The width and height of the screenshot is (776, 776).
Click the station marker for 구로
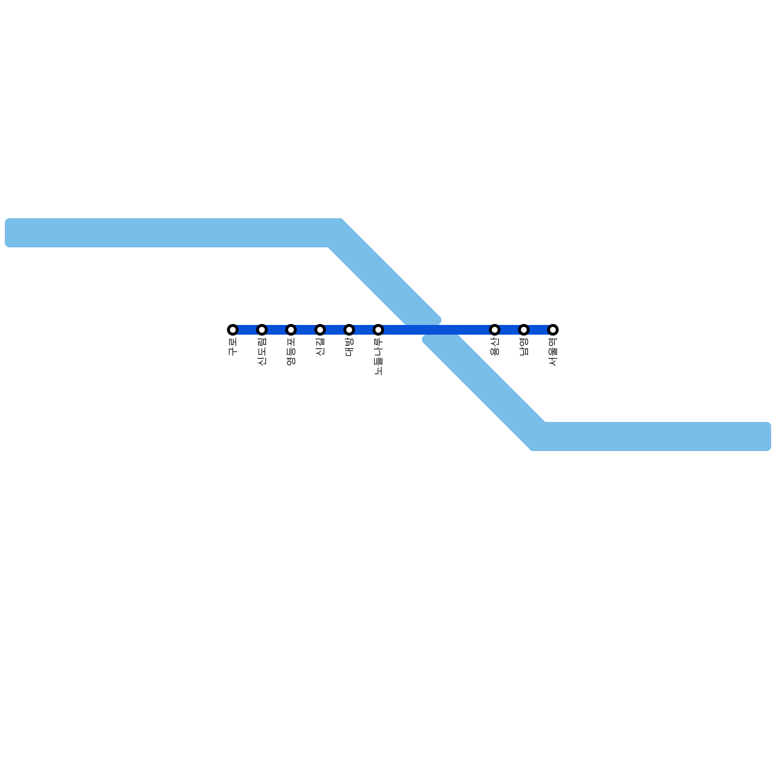click(x=233, y=330)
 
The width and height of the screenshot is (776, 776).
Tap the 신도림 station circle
click(x=262, y=330)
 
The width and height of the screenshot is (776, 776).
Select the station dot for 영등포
click(x=291, y=330)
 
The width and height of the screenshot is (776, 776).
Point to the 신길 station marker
click(x=320, y=330)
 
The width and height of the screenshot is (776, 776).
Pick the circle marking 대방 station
click(x=349, y=330)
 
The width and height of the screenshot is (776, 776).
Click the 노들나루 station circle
click(x=378, y=330)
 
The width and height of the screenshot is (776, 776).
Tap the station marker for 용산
click(x=495, y=330)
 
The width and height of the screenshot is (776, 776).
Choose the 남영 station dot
click(x=524, y=330)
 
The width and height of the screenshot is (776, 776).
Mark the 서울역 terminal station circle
click(x=553, y=330)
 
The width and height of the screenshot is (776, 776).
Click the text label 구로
click(x=233, y=347)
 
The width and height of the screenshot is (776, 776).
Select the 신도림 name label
click(x=262, y=352)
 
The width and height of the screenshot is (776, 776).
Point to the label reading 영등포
click(x=291, y=352)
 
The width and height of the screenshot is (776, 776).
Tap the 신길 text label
click(x=320, y=347)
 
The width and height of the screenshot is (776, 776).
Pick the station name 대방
click(x=349, y=347)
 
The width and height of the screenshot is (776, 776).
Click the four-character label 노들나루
click(x=378, y=356)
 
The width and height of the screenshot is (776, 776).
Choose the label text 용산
click(x=495, y=347)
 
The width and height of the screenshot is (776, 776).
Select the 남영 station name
click(x=524, y=347)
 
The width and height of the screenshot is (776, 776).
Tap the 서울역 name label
click(x=553, y=352)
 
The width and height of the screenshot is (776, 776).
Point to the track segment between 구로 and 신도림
click(x=247, y=330)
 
